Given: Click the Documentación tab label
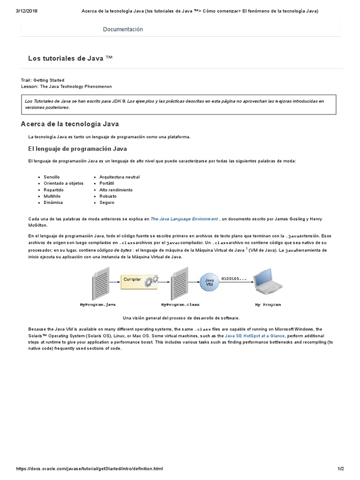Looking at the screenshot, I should click(123, 30).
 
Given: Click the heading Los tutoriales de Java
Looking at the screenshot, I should click(70, 58).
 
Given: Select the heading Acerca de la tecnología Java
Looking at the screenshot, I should click(70, 124).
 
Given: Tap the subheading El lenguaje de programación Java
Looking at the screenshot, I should click(77, 149).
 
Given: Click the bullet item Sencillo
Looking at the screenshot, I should click(52, 177).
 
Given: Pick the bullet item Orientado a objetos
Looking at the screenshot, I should click(63, 183).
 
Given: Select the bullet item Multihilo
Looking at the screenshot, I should click(53, 196).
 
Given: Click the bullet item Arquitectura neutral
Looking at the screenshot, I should click(120, 177).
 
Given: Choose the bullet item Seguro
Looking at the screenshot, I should click(107, 202).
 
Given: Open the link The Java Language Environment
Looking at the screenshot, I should click(184, 219).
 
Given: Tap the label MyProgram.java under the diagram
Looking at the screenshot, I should click(97, 305).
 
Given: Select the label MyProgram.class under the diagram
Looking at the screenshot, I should click(180, 305).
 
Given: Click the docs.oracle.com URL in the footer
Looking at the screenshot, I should click(90, 469).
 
